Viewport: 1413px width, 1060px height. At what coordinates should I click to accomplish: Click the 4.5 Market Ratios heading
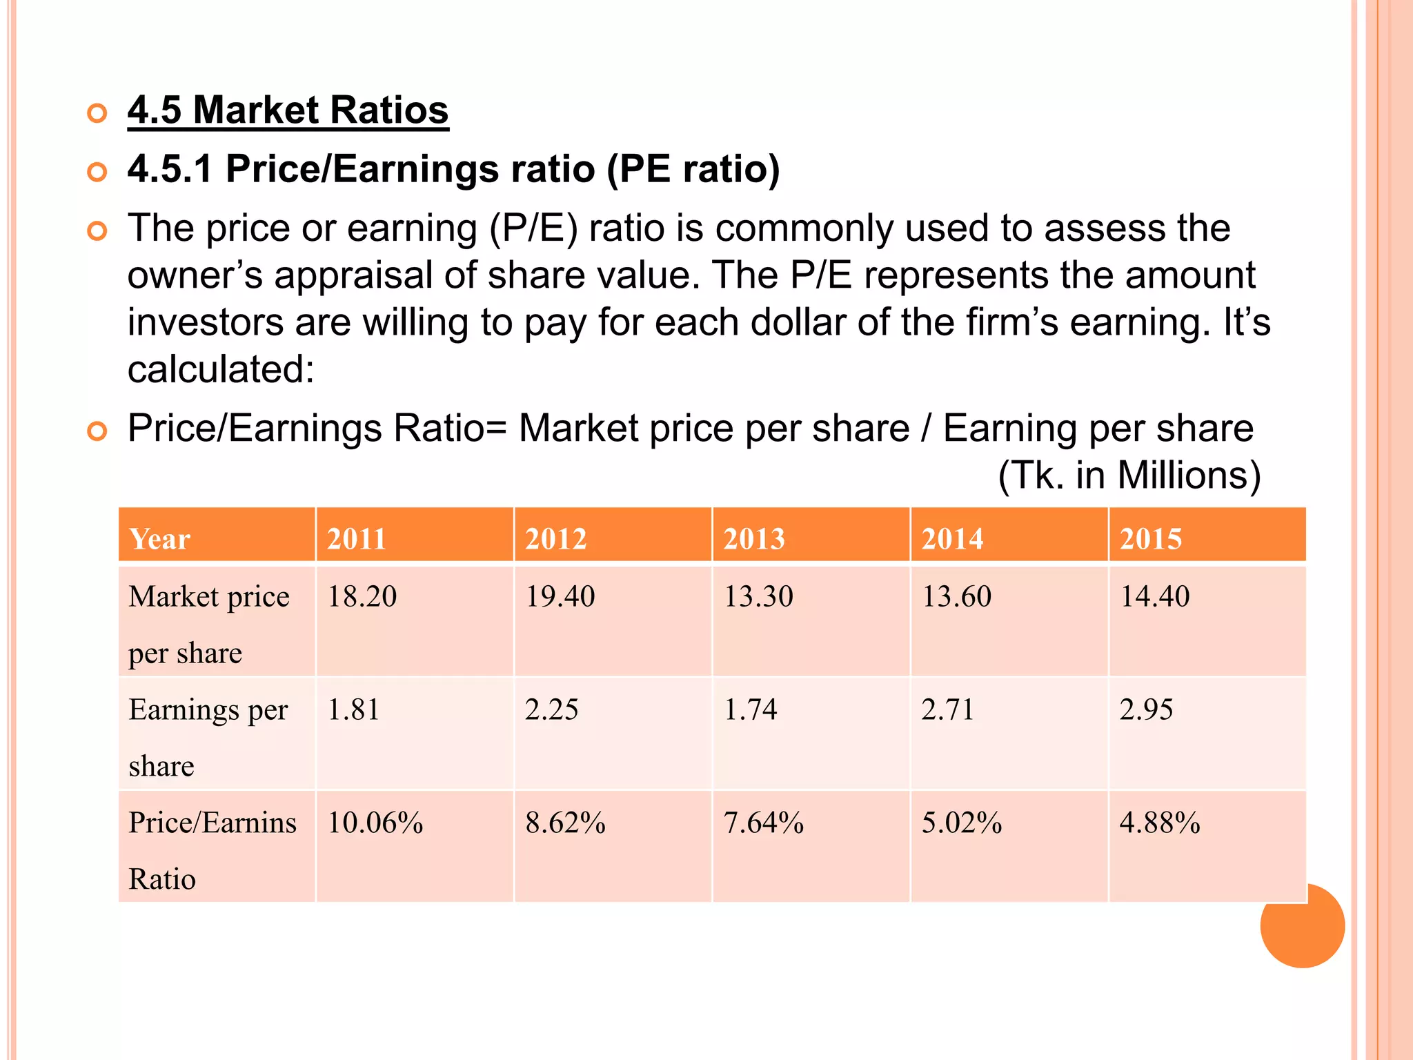(288, 110)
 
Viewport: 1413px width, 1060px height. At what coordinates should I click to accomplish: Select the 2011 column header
(356, 539)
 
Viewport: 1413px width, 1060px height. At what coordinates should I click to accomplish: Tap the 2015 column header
(1150, 539)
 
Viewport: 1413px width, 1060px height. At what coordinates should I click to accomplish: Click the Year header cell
(159, 539)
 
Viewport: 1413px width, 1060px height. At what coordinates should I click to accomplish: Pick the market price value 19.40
(560, 596)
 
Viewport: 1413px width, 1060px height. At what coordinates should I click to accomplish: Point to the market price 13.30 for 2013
(758, 596)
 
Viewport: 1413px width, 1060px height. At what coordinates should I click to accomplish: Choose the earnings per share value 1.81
(353, 709)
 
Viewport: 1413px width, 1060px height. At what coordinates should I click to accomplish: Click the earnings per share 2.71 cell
(947, 709)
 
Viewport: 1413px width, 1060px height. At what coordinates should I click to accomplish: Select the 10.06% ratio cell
(375, 823)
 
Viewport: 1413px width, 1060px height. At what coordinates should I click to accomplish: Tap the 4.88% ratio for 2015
(1159, 823)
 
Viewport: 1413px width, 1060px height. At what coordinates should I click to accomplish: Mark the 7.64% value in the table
(763, 823)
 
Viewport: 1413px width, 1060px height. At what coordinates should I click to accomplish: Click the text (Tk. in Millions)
(1129, 475)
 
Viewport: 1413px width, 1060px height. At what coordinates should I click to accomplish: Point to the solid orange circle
(1302, 925)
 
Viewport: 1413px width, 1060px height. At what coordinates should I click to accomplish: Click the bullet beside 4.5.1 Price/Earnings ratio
(97, 171)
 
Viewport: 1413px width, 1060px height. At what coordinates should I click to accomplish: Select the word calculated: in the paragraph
(221, 369)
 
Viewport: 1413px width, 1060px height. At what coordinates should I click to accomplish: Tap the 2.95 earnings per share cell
(1145, 709)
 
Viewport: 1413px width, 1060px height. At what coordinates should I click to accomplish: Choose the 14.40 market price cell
(1154, 596)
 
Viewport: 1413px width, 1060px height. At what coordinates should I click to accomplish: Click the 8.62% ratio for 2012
(565, 823)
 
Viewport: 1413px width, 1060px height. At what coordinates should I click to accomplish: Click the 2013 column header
(753, 539)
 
